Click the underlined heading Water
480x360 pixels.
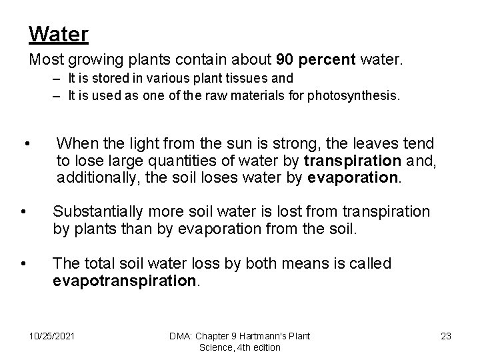[x=59, y=33]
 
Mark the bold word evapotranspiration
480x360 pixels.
[x=124, y=281]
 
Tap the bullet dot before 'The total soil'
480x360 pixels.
[x=23, y=263]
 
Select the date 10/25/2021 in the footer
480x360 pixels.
[x=52, y=336]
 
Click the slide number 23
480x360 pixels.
[x=446, y=336]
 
